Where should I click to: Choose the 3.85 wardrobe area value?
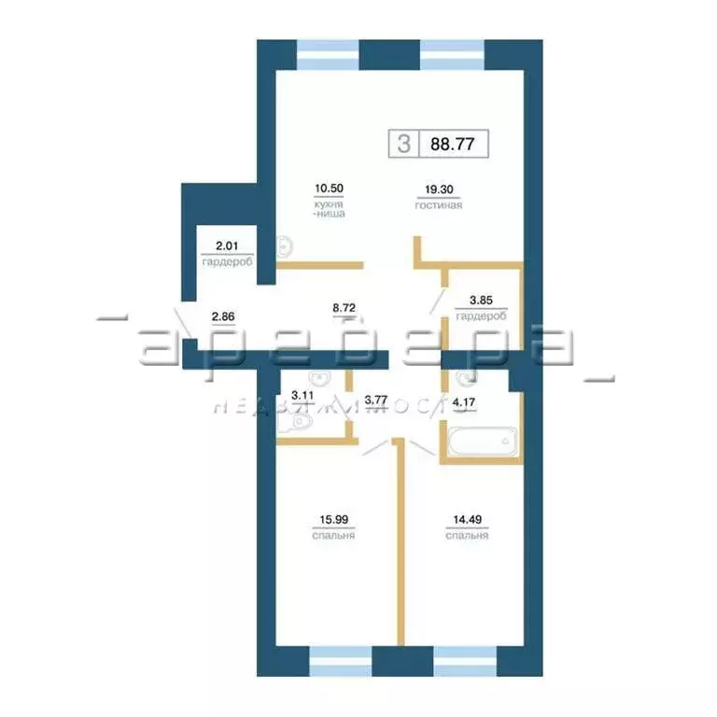[x=473, y=300]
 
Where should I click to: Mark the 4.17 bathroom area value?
[x=464, y=404]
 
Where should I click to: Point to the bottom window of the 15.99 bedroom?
[x=340, y=660]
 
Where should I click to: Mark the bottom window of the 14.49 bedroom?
[x=465, y=660]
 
